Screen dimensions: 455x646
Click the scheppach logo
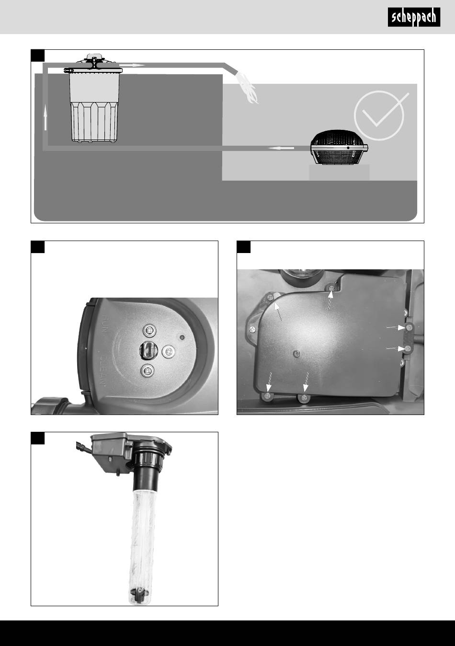point(414,17)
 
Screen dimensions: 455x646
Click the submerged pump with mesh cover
point(339,148)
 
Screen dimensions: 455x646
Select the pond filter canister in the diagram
point(94,98)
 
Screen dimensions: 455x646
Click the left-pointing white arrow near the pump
point(281,148)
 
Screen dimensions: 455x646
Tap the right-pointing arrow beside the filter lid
point(132,65)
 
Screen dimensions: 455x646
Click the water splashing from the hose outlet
point(247,88)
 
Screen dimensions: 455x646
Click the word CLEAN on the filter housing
point(103,371)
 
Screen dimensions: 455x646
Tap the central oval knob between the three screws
point(148,350)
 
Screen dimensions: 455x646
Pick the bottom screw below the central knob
point(147,370)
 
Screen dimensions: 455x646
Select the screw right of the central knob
point(168,351)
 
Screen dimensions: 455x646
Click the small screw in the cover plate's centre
point(296,353)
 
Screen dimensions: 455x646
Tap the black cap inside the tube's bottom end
point(139,593)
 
